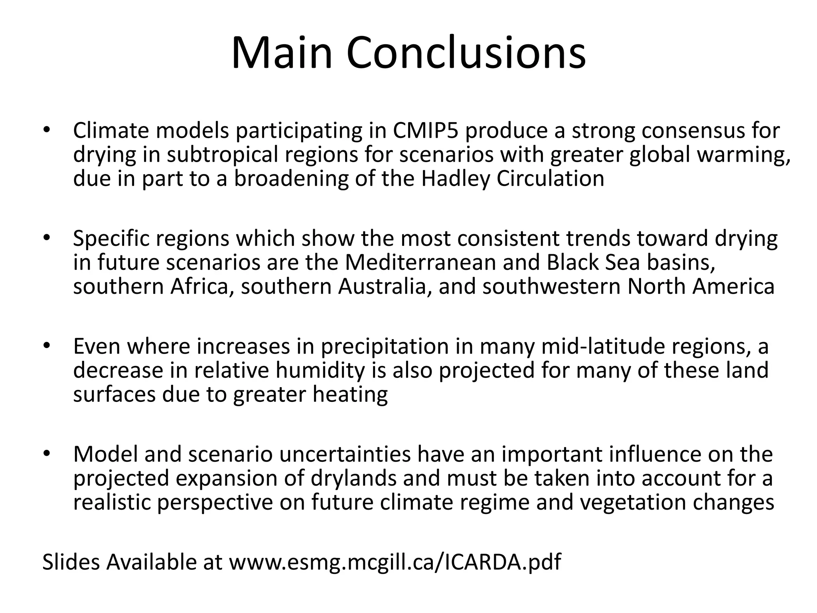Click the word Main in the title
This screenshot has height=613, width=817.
[282, 53]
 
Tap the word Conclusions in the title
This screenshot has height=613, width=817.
[466, 53]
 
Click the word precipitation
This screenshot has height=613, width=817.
[385, 346]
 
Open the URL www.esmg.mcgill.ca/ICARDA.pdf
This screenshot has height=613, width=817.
[395, 562]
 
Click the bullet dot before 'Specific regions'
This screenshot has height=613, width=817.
[47, 238]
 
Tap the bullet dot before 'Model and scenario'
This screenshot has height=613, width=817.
[47, 454]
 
